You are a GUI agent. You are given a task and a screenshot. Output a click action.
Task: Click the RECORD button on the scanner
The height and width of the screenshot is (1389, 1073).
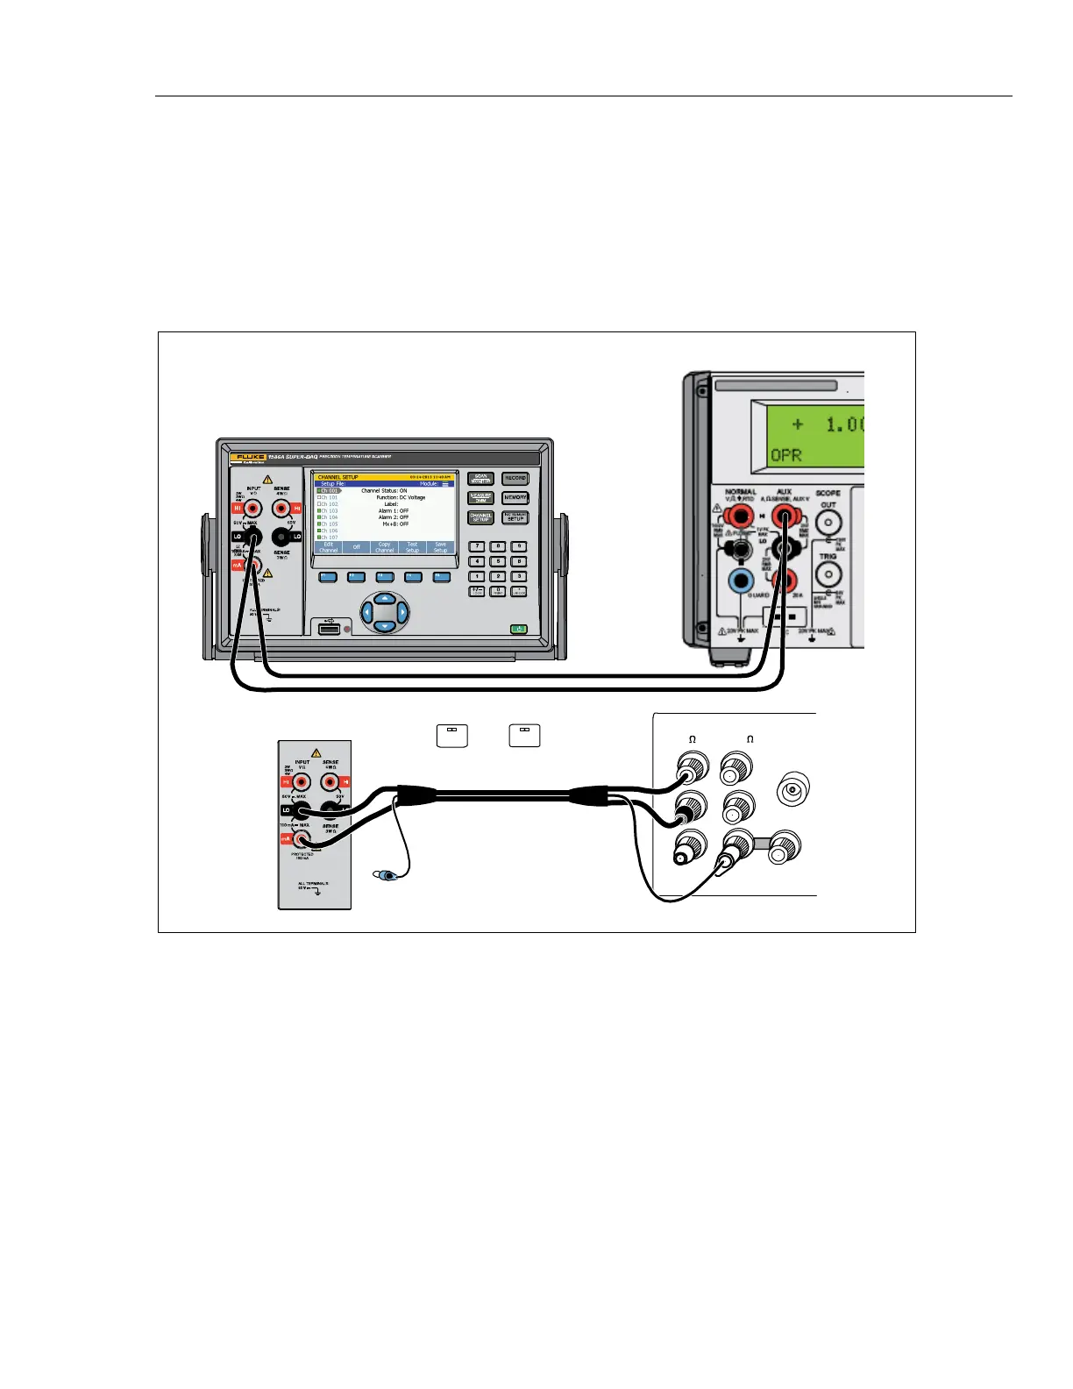(x=515, y=479)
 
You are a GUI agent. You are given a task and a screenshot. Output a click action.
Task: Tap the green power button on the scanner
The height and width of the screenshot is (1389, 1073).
(x=520, y=629)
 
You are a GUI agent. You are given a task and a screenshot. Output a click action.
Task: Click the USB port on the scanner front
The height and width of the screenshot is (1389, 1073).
(x=329, y=629)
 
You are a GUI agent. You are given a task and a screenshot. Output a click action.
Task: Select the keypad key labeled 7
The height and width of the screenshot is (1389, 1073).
(x=478, y=546)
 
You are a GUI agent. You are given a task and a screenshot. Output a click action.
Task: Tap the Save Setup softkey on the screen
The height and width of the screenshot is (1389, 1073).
(x=440, y=547)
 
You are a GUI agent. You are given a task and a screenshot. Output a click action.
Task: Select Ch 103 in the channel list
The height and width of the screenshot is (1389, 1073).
(x=328, y=511)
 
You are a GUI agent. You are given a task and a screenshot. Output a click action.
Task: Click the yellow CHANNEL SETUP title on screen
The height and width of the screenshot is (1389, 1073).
(x=338, y=477)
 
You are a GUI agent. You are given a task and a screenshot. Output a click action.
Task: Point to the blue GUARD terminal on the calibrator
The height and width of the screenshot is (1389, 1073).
(x=742, y=580)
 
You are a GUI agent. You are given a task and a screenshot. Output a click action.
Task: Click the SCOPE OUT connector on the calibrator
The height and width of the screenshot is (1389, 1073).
(x=828, y=523)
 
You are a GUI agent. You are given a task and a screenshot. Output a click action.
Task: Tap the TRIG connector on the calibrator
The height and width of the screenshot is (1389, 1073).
(x=828, y=574)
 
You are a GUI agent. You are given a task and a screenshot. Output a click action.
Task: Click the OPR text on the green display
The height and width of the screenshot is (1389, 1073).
(x=787, y=455)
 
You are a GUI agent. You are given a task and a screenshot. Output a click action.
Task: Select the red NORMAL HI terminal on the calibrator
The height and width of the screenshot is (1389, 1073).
(x=740, y=516)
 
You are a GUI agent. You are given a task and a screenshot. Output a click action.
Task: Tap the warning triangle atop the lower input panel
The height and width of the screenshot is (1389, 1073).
(x=316, y=752)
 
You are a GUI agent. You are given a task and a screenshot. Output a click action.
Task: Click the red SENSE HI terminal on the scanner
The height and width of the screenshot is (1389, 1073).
(x=281, y=508)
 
